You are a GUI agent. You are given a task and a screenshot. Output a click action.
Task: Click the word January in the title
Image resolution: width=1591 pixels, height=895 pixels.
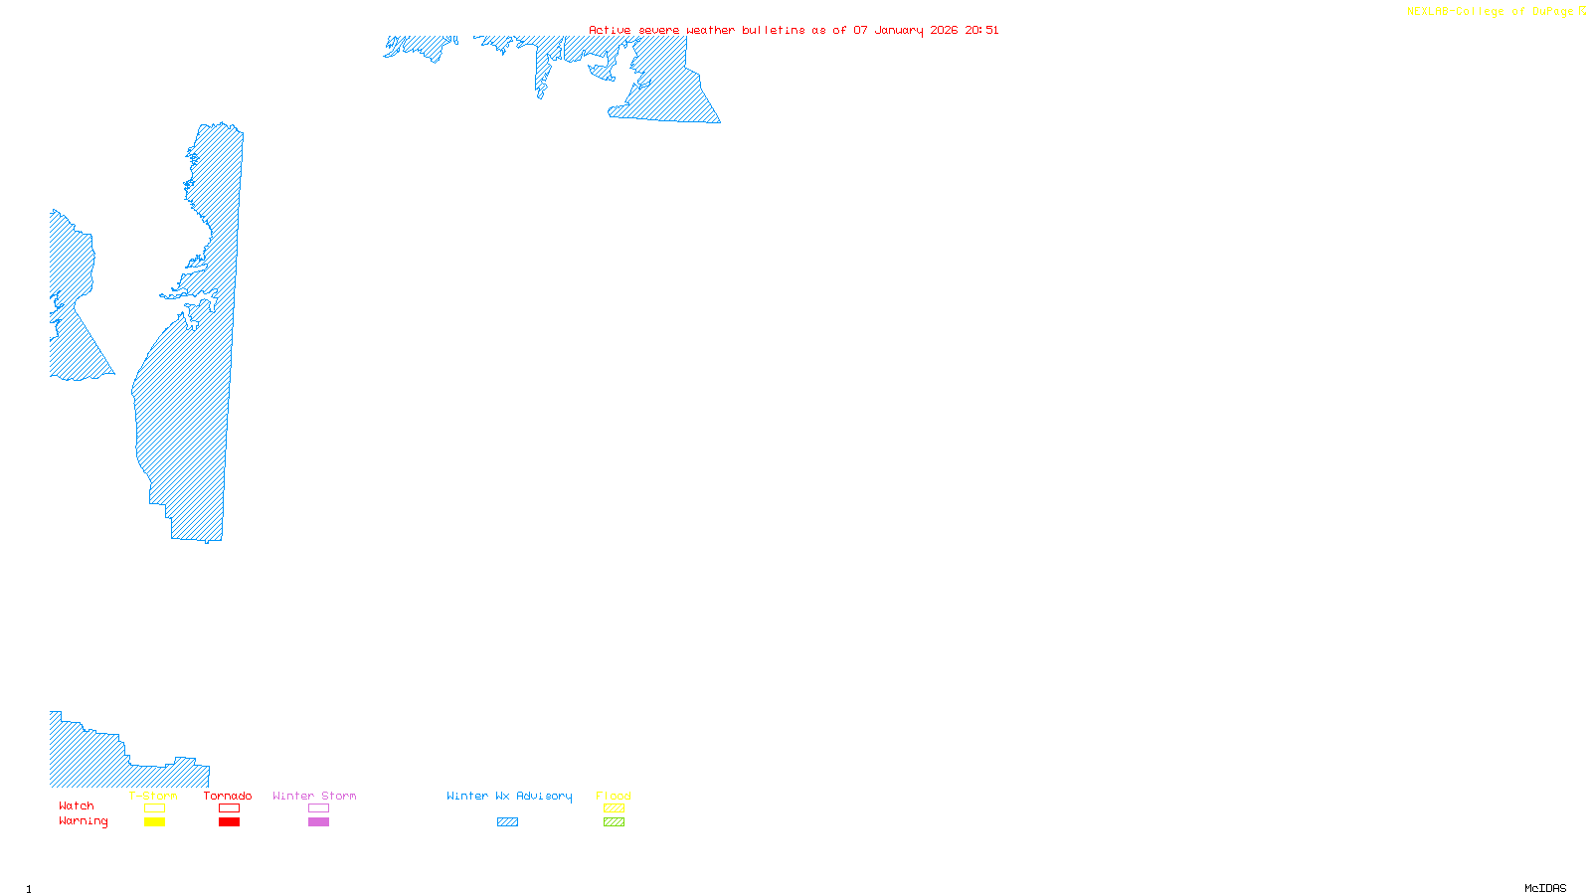pos(899,30)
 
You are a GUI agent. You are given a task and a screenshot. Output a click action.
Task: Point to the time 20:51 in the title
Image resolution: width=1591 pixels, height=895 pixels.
pos(981,30)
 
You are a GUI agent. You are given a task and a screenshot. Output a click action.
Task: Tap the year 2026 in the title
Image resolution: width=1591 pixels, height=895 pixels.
pos(945,30)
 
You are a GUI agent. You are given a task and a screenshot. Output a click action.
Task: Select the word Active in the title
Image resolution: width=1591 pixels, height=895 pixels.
pos(610,30)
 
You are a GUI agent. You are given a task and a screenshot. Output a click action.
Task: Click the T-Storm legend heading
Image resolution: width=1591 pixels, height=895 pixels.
pos(153,796)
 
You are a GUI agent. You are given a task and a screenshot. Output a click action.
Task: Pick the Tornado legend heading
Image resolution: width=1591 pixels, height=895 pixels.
pos(228,796)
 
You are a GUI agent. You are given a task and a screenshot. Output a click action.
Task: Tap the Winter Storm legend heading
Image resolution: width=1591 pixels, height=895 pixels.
pos(314,796)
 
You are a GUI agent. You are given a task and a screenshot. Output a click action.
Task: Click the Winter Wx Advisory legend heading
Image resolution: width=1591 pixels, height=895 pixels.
pos(509,796)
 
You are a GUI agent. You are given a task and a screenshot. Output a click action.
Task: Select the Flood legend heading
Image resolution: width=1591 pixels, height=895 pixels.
pos(614,796)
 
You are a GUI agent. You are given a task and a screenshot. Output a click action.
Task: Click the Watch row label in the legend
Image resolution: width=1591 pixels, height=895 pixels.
pos(77,805)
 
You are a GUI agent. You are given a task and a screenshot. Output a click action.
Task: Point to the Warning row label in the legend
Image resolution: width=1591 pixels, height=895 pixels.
pos(84,821)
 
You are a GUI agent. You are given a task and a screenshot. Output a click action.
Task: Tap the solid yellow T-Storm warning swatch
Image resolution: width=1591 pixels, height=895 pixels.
pos(154,822)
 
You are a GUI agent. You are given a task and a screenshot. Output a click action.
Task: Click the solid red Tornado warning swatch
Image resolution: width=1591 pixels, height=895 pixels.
pos(230,822)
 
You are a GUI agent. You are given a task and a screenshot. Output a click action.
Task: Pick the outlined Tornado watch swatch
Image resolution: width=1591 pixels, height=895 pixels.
pos(230,808)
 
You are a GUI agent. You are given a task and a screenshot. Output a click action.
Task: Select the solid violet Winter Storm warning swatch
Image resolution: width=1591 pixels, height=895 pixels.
pos(318,822)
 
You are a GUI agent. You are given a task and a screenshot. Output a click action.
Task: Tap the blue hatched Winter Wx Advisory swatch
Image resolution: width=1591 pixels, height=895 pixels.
pos(507,822)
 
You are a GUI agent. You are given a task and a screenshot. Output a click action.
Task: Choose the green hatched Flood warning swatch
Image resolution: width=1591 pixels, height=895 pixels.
pos(615,822)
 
